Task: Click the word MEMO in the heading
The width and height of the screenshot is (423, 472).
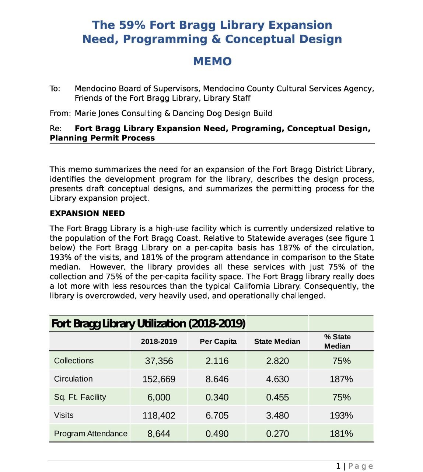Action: pyautogui.click(x=212, y=61)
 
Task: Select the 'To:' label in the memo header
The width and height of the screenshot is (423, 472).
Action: pyautogui.click(x=55, y=89)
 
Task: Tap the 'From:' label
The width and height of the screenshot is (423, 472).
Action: pyautogui.click(x=60, y=114)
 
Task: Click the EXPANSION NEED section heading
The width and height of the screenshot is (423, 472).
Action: pyautogui.click(x=87, y=214)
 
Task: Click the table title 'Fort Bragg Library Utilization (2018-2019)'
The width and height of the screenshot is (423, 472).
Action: pyautogui.click(x=148, y=324)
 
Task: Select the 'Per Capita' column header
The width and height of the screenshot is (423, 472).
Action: pyautogui.click(x=218, y=341)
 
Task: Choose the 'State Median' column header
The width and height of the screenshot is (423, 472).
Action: pyautogui.click(x=277, y=341)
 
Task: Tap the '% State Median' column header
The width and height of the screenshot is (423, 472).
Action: pyautogui.click(x=337, y=341)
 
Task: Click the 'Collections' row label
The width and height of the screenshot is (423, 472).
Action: pyautogui.click(x=74, y=361)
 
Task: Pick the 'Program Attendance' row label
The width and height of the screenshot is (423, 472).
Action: pyautogui.click(x=91, y=434)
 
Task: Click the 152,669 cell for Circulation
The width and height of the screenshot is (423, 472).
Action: pyautogui.click(x=159, y=379)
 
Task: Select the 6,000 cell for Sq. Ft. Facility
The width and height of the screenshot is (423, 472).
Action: pyautogui.click(x=159, y=398)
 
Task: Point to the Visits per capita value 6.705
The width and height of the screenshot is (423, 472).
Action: pyautogui.click(x=217, y=416)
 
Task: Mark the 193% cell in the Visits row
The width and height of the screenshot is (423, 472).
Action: pyautogui.click(x=341, y=416)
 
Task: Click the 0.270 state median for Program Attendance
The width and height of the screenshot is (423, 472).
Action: pyautogui.click(x=277, y=434)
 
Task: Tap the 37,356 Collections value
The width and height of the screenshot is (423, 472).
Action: pyautogui.click(x=159, y=361)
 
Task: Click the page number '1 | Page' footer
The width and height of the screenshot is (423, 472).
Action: pyautogui.click(x=354, y=466)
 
